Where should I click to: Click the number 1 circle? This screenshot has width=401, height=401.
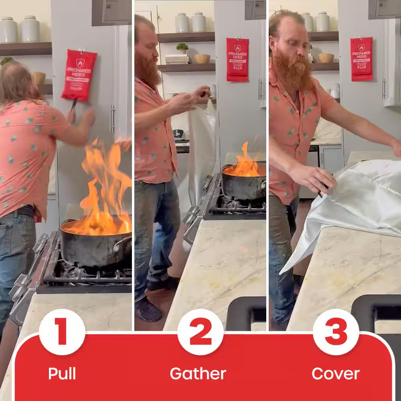pyautogui.click(x=62, y=332)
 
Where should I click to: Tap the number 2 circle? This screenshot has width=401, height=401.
pyautogui.click(x=200, y=332)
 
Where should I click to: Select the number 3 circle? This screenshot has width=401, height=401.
pyautogui.click(x=336, y=332)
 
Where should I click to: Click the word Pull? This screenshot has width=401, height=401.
pyautogui.click(x=62, y=374)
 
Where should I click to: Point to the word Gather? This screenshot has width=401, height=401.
pyautogui.click(x=198, y=374)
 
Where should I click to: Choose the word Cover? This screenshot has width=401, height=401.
pyautogui.click(x=336, y=374)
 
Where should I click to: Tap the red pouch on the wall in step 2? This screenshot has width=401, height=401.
pyautogui.click(x=237, y=59)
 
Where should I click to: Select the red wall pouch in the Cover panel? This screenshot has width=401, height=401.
pyautogui.click(x=361, y=59)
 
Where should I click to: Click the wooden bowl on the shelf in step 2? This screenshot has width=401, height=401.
pyautogui.click(x=202, y=59)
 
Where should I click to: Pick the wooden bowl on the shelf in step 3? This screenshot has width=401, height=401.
pyautogui.click(x=326, y=58)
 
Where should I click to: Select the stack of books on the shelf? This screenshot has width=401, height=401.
pyautogui.click(x=177, y=59)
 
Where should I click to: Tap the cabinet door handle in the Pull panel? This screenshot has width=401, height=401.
pyautogui.click(x=113, y=118)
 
